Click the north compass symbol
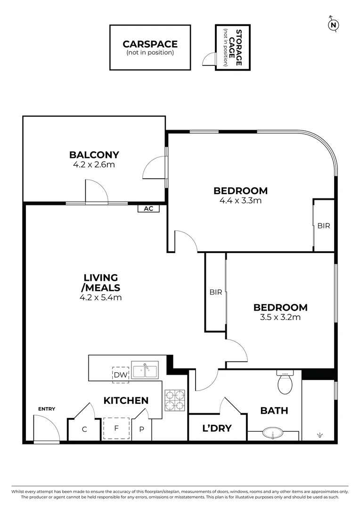coord(334,25)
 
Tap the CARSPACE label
coord(150,44)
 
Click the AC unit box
coord(148,208)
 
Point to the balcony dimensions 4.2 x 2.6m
coord(94,165)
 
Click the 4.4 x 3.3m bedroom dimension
coord(240,200)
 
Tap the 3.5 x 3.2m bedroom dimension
coord(280,317)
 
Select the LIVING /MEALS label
coord(101,282)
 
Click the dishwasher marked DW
coord(121,375)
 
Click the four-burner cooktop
coord(174,400)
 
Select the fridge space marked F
coord(116,428)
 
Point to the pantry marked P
coord(141,430)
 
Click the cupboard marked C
coord(85,429)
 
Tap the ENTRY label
coord(47,409)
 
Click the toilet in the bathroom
coord(285,382)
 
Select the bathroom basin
coord(273,433)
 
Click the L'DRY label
coord(217,428)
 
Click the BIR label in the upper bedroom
coord(323,226)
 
